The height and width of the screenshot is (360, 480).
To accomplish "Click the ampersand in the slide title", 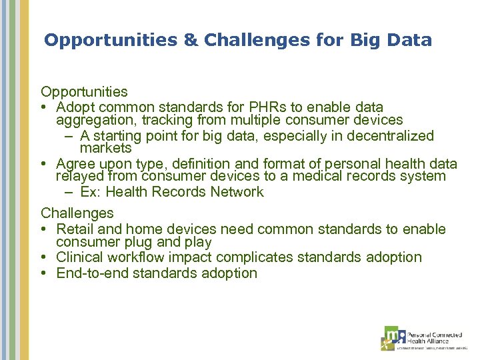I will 192,40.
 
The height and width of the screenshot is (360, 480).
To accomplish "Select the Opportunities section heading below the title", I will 84,91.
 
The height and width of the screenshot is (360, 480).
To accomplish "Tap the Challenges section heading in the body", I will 77,213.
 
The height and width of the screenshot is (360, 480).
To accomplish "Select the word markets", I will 105,149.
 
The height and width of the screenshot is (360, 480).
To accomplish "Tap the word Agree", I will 76,164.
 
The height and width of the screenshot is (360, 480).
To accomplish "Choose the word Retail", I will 76,229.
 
